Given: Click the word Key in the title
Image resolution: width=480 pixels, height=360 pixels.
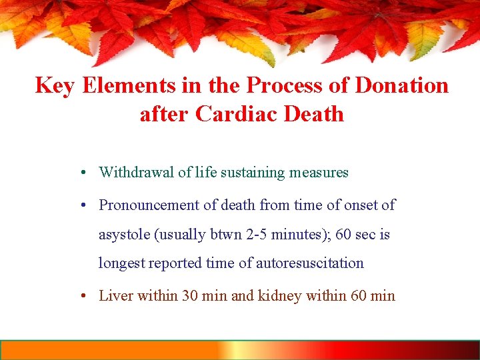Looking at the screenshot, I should pos(54,86).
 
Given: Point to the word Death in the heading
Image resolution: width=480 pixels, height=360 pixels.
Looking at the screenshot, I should pos(313,114).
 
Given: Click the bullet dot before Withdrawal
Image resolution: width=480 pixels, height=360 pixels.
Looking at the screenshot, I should pos(79,173).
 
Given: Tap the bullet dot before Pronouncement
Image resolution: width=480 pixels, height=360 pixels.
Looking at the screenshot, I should pos(79,205).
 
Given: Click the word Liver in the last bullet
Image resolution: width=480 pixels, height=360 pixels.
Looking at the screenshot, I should pos(115,295).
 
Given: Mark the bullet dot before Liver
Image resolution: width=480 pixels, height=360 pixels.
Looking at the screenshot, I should pos(79,295).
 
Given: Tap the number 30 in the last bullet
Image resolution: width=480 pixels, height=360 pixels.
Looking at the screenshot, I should pos(191,295).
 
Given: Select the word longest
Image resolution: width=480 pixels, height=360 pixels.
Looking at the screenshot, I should pos(121,263).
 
